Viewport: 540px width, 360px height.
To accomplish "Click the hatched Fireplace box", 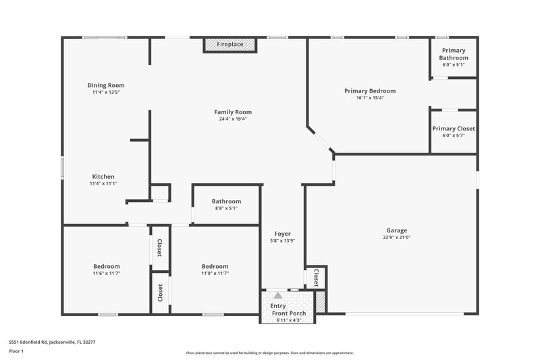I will coord(230,45).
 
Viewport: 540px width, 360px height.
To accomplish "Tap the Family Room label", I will coord(233,111).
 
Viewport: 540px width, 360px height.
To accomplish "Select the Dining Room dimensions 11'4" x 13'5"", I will coord(106,93).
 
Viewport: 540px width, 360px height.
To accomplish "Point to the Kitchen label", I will coord(103,176).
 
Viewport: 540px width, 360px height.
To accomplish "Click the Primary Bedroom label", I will coord(369,91).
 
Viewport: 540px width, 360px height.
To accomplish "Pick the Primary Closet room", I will coord(454,131).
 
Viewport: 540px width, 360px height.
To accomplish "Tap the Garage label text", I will coord(396,230).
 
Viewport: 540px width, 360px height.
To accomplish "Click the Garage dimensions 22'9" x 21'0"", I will coord(396,237).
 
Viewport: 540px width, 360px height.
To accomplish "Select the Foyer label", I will coord(283,234).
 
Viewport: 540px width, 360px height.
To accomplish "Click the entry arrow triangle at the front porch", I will coord(277,295).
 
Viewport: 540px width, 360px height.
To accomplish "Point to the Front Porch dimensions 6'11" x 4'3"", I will coord(288,319).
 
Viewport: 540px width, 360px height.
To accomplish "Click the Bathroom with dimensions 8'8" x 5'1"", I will coord(226,204).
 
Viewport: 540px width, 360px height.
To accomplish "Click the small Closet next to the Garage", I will coord(316,276).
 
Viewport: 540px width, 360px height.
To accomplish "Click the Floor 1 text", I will coord(16,352).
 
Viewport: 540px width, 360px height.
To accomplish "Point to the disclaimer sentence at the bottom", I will coord(269,353).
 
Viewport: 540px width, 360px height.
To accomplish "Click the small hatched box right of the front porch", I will coord(321,301).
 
